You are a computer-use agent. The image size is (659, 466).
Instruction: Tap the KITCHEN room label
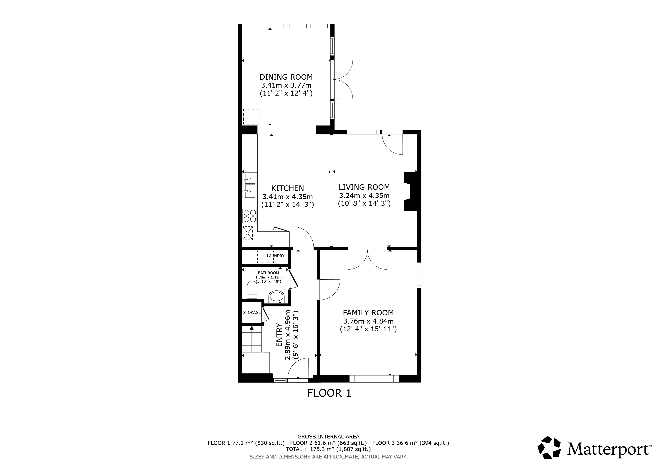point(287,188)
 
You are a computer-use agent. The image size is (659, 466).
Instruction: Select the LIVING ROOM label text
point(364,187)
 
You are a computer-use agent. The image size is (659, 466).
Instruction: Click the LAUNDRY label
point(276,256)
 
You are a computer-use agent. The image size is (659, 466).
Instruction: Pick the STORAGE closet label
point(252,312)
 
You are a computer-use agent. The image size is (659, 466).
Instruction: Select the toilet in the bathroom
point(252,290)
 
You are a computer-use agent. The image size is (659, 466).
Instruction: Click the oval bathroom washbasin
point(276,297)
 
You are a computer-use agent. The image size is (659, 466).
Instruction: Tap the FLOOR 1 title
point(329,393)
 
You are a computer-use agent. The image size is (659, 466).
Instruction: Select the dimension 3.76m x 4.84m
point(368,321)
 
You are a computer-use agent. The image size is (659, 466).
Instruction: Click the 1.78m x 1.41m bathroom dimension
point(268,277)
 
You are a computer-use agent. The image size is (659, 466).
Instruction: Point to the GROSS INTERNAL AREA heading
point(328,437)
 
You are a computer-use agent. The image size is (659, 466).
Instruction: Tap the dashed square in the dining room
point(251,117)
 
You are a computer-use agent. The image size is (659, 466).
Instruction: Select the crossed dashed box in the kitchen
point(248,233)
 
